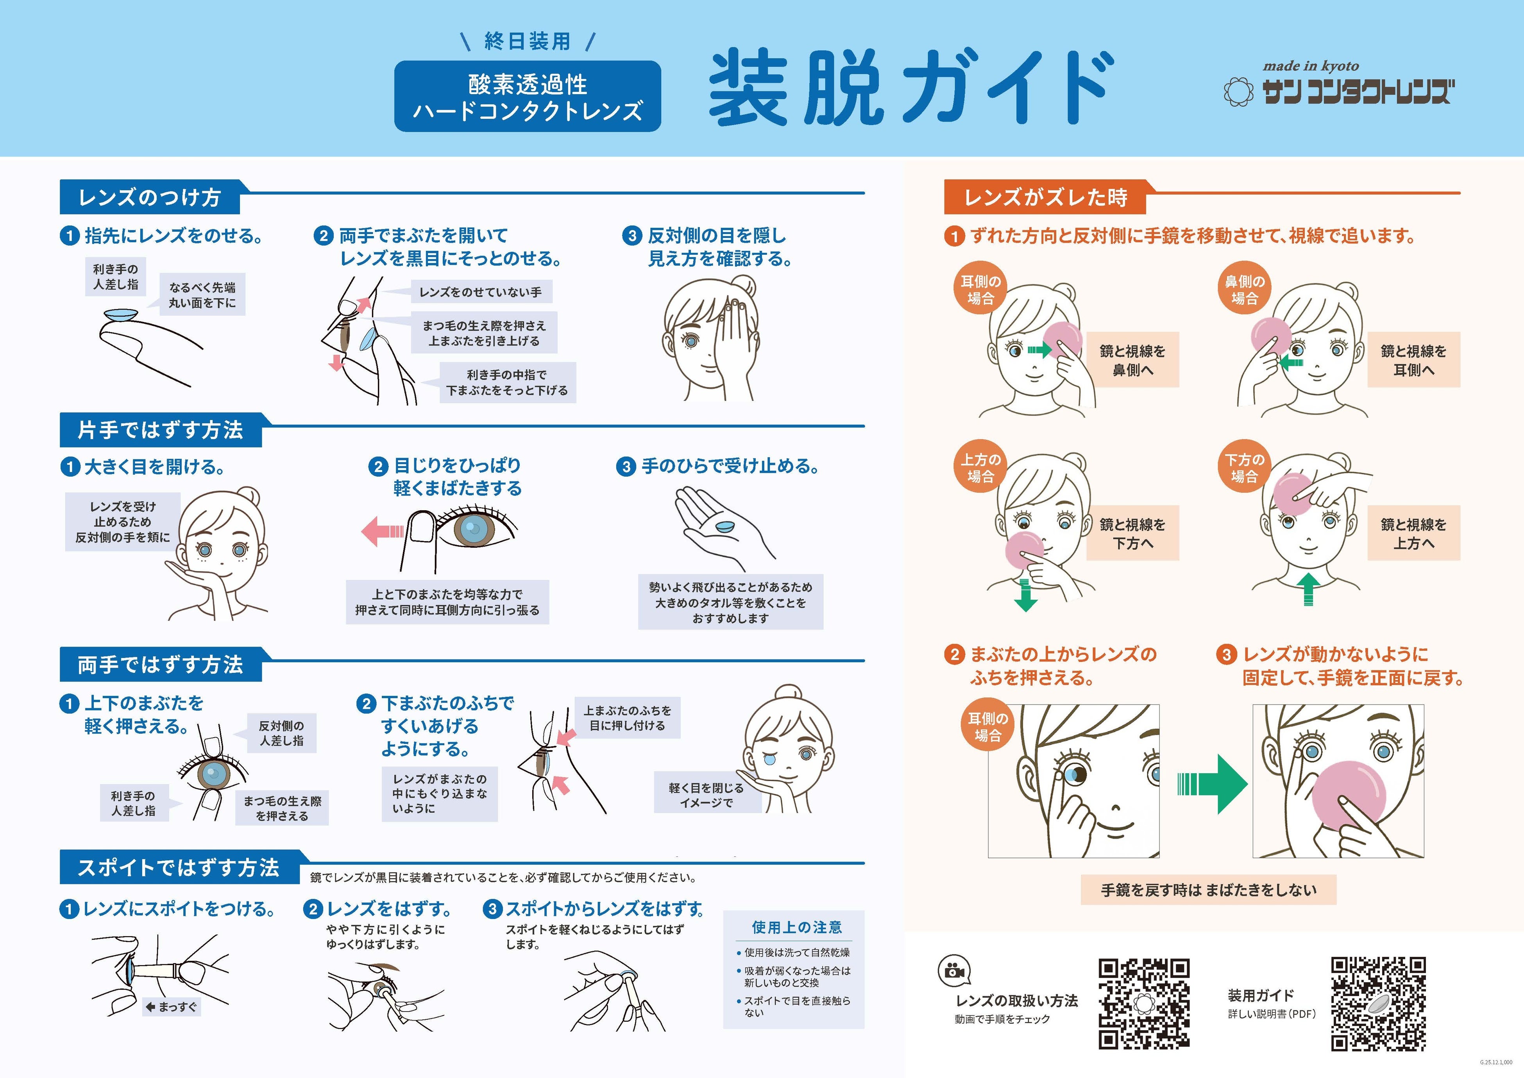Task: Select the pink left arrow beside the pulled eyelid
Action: [x=382, y=531]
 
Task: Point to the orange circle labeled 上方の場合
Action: [x=980, y=467]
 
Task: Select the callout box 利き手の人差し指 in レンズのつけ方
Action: [x=116, y=277]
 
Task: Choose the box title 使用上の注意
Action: [x=796, y=927]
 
